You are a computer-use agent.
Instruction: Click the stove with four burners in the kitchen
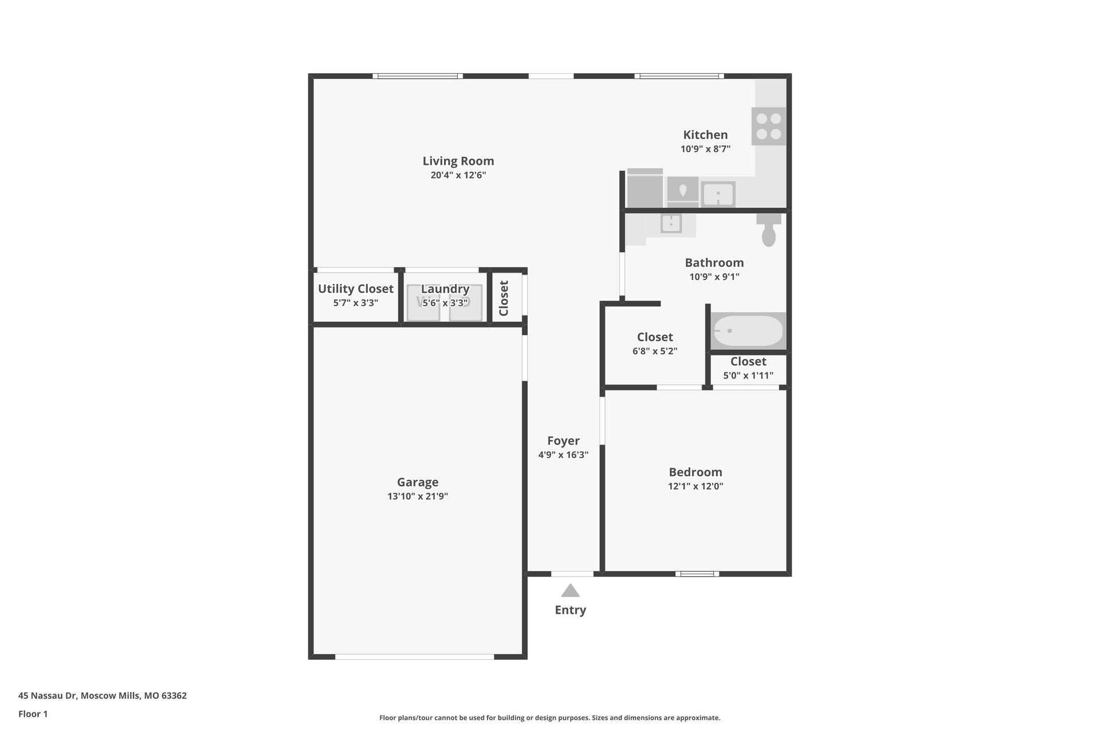768,127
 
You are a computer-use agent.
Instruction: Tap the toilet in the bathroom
768,230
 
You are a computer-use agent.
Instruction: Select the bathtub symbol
748,331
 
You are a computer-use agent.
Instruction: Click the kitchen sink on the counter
718,194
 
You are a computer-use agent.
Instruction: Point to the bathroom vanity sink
670,223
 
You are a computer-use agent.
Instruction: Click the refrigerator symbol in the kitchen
645,189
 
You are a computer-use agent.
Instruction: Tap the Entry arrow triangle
570,591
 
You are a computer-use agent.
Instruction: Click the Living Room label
458,161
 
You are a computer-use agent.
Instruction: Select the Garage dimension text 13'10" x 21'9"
418,496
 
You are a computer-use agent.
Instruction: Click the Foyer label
563,441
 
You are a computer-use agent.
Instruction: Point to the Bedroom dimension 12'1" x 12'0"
696,486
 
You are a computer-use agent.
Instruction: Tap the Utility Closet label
356,289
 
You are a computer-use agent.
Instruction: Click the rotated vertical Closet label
504,298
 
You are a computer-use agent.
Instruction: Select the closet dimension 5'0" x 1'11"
748,376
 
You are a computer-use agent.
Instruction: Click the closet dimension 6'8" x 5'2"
655,351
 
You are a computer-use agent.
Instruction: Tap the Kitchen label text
705,135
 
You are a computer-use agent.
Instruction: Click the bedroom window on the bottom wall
697,574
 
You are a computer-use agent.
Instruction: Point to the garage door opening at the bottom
414,657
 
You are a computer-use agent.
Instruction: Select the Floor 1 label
33,714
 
